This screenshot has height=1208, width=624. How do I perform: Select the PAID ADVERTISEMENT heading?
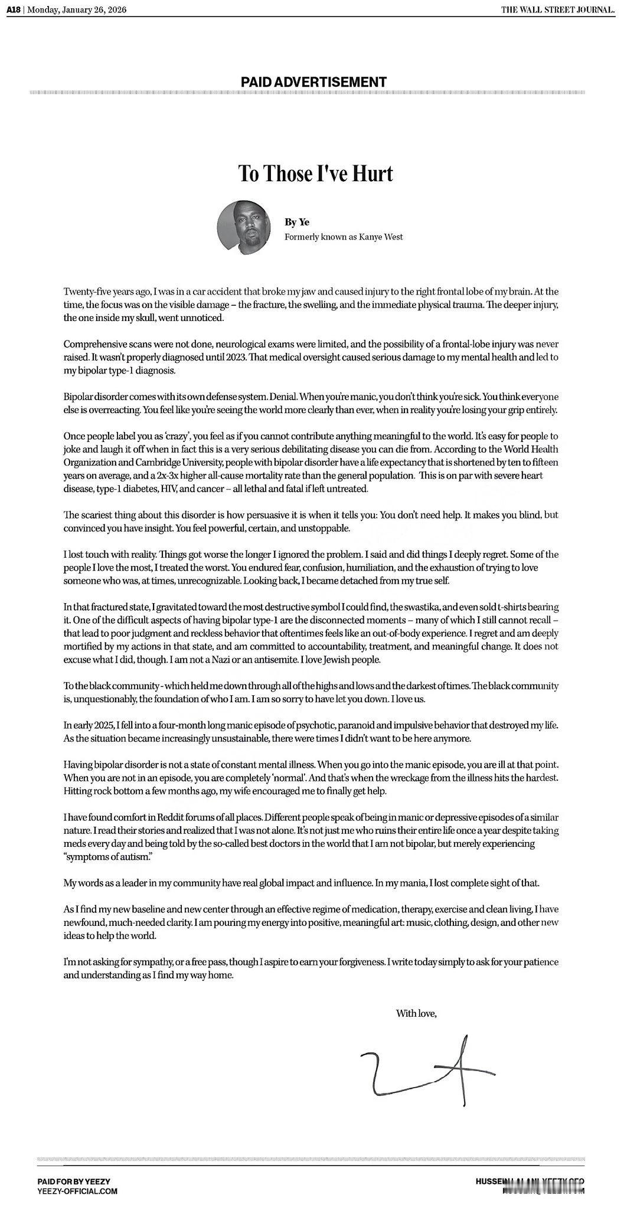click(x=313, y=83)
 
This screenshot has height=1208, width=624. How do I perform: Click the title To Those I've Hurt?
click(x=315, y=174)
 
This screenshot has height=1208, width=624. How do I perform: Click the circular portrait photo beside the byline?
click(x=244, y=227)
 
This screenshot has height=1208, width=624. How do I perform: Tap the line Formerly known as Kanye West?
click(x=344, y=237)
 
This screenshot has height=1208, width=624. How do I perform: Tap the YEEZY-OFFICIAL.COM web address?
click(x=77, y=1191)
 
